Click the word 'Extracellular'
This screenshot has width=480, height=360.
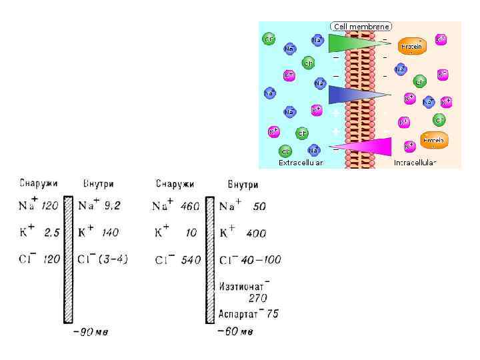(x=301, y=163)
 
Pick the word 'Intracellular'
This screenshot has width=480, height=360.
(x=415, y=163)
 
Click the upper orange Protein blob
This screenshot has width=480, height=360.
(x=412, y=46)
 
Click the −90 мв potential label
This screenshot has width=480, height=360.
(x=89, y=331)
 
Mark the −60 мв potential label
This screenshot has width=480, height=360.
(x=235, y=331)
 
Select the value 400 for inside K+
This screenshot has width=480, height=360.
(x=255, y=233)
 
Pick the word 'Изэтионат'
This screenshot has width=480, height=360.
(x=243, y=286)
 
